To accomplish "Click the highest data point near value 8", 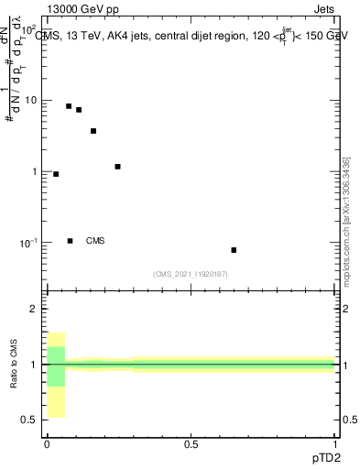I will [x=69, y=106].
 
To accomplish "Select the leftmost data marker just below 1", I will [x=56, y=174].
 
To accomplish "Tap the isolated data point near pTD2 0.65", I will [x=234, y=250].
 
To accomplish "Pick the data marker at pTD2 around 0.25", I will [x=117, y=167].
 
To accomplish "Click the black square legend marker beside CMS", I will [x=70, y=241].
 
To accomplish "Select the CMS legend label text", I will [x=95, y=241].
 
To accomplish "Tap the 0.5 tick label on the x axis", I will [x=191, y=444].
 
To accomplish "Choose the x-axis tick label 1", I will [x=335, y=444].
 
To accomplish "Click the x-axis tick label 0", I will [x=47, y=444].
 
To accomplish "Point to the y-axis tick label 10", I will [x=30, y=100].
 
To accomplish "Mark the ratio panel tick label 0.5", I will [x=28, y=420].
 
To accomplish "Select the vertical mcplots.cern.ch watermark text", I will [x=345, y=220].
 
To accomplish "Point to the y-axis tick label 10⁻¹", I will [x=27, y=243].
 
